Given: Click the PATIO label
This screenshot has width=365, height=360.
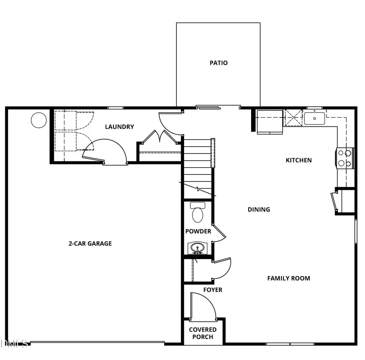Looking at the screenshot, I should click(218, 63).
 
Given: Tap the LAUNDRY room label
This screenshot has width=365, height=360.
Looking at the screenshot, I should click(119, 127).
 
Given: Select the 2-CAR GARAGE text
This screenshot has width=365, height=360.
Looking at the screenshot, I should click(90, 244).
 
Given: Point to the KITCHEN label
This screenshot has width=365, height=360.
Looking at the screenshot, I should click(298, 160).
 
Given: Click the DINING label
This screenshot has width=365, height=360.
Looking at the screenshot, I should click(259, 209).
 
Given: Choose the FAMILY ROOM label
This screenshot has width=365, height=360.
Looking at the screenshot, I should click(288, 278).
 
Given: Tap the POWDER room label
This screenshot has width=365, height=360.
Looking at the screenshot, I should click(198, 231).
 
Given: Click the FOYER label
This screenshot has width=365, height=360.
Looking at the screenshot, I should click(213, 290).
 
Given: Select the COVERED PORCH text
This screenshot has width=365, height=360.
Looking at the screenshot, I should click(202, 333).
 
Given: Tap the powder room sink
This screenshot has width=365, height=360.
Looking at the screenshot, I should click(198, 248).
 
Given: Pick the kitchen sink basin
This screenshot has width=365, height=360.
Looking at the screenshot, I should click(315, 119).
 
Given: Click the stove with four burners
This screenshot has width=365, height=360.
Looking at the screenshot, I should click(345, 158).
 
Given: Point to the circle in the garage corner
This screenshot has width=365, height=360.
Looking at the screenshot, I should click(39, 120).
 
